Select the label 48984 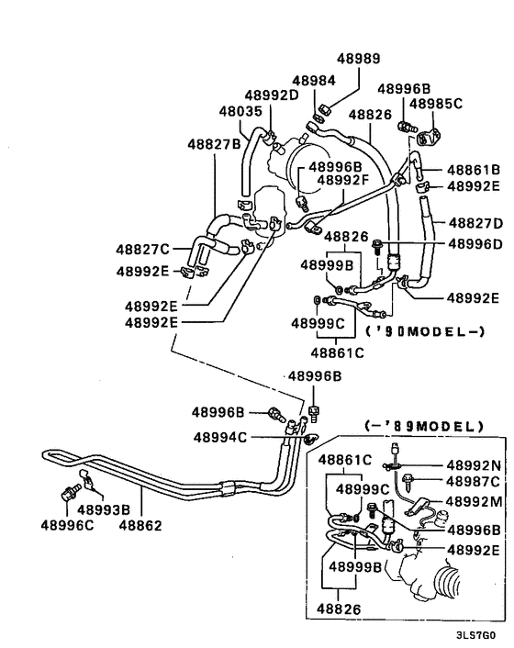pyautogui.click(x=314, y=82)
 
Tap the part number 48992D pyautogui.click(x=272, y=95)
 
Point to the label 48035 pyautogui.click(x=240, y=111)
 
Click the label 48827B pyautogui.click(x=215, y=144)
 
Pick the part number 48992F pyautogui.click(x=343, y=180)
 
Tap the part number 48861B pyautogui.click(x=474, y=170)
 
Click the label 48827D pyautogui.click(x=474, y=223)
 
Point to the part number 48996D pyautogui.click(x=474, y=244)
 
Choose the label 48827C pyautogui.click(x=142, y=249)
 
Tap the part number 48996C pyautogui.click(x=67, y=525)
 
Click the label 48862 pyautogui.click(x=140, y=525)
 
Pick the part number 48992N pyautogui.click(x=474, y=465)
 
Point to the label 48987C pyautogui.click(x=474, y=481)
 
